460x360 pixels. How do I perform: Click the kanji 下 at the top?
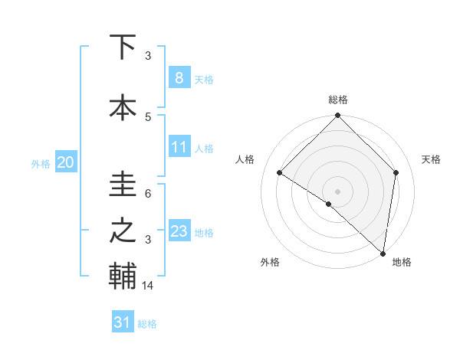point(123,47)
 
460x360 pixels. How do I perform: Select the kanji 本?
point(123,107)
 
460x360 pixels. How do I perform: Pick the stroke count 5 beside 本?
point(148,116)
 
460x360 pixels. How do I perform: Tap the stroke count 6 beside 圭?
point(148,194)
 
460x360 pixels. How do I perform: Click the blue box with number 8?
point(179,77)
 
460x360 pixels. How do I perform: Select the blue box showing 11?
point(179,147)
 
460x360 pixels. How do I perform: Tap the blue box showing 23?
point(179,231)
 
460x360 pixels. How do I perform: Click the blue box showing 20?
point(65,162)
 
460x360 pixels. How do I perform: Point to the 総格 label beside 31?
point(147,324)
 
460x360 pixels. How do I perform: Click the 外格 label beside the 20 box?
point(41,163)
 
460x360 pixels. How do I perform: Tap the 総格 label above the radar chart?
point(338,100)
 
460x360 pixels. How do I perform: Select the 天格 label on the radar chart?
point(432,159)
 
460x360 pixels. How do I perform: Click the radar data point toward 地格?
point(383,254)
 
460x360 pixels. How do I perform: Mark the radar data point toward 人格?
point(280,173)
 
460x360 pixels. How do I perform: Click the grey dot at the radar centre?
point(338,191)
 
